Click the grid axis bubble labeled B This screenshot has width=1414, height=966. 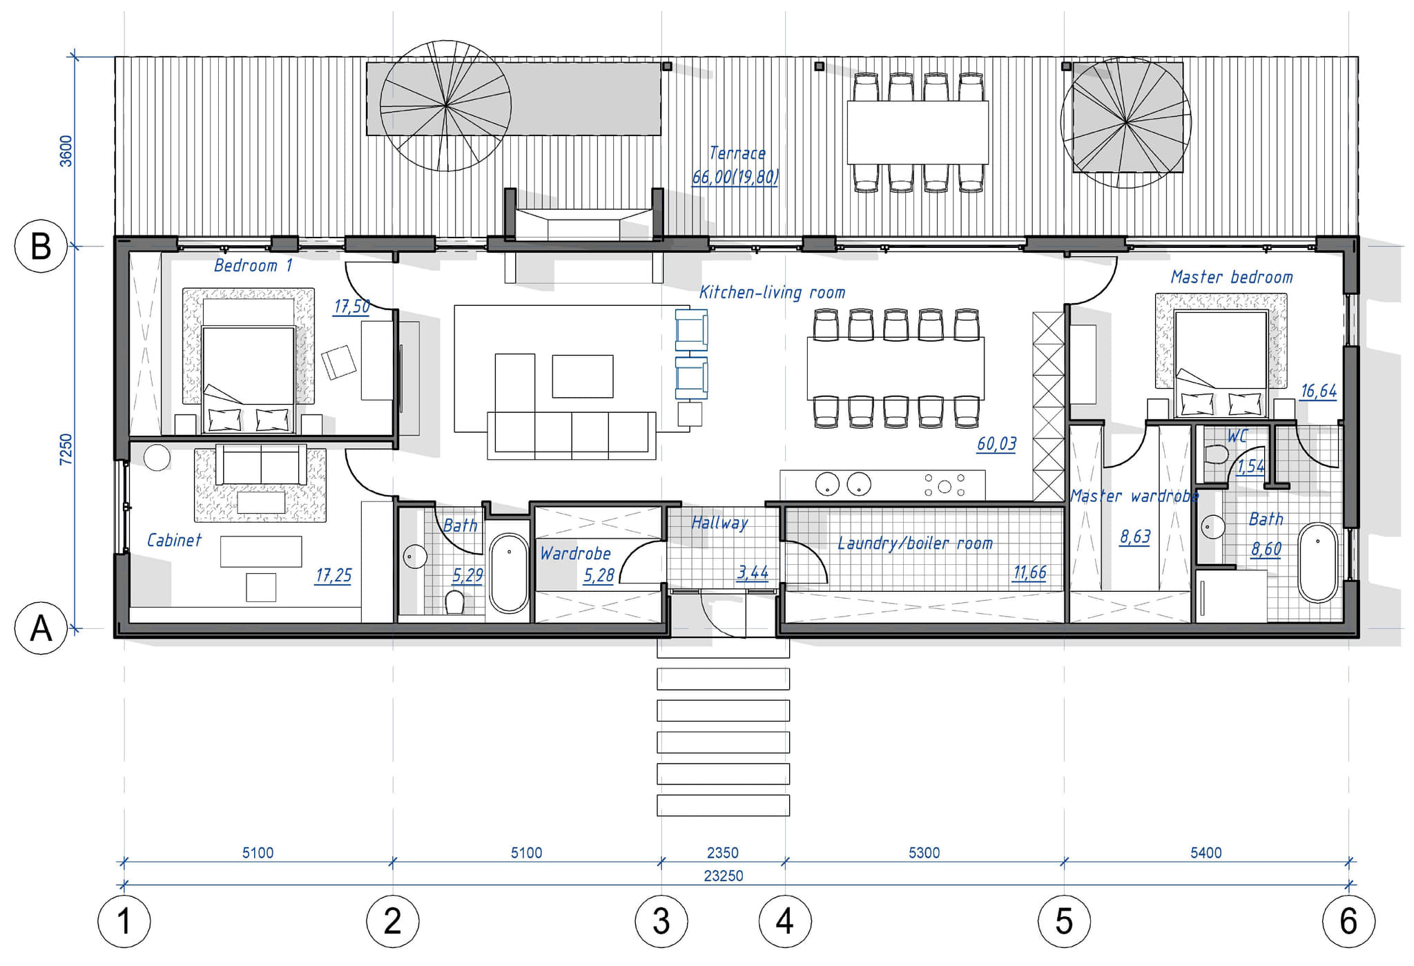41,247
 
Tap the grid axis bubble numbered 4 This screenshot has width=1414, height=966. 785,921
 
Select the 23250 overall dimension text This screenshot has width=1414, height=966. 724,876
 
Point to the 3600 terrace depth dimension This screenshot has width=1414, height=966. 66,151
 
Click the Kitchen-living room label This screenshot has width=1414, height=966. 772,293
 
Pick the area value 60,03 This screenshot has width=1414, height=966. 996,443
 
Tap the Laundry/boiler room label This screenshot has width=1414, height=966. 915,543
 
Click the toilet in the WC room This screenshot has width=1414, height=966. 1216,455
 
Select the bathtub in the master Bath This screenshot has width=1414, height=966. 1317,563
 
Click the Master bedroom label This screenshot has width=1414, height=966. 1232,278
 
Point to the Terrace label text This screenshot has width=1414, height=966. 737,153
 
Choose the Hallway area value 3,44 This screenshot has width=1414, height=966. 753,572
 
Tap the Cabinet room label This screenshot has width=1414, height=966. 174,540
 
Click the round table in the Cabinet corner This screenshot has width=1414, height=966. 157,458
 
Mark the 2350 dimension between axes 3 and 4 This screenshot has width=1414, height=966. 723,853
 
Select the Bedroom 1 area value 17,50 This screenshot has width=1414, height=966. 351,306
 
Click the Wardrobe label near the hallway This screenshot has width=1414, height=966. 575,554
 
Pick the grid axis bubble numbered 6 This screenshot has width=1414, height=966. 1348,921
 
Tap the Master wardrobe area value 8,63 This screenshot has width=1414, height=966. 1135,537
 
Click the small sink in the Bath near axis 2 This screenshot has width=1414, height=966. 415,557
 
